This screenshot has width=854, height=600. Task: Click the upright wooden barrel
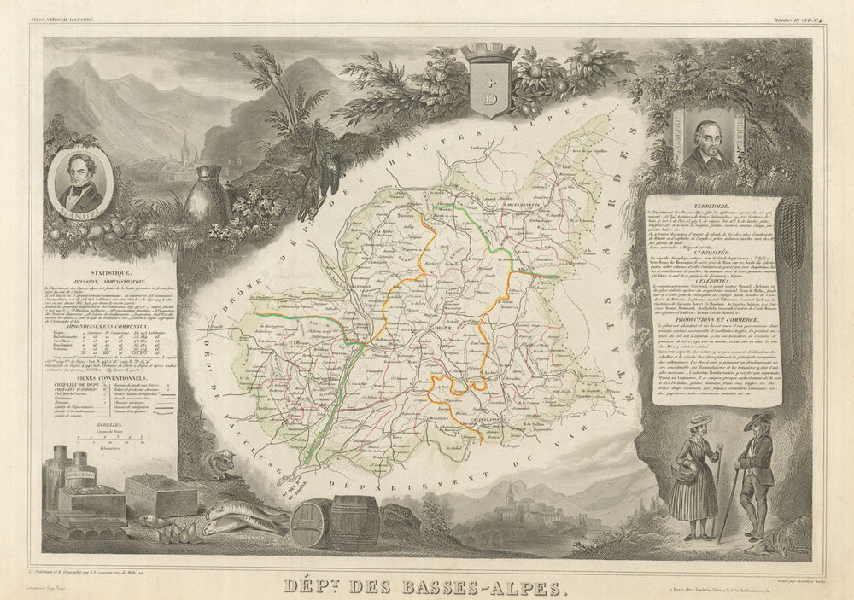tap(354, 520)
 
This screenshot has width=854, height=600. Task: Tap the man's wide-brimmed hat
tap(757, 421)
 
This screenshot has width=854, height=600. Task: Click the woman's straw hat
tap(699, 420)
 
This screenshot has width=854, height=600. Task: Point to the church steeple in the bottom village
tap(510, 492)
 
